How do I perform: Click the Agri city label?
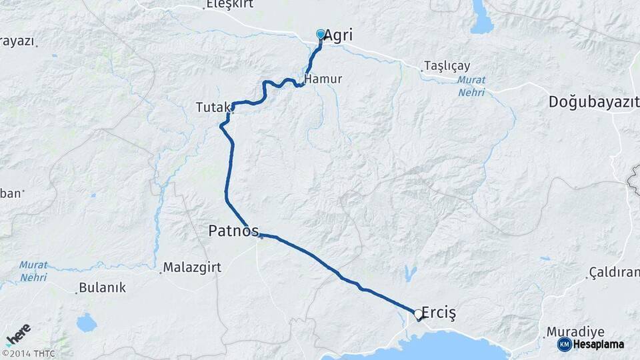pos(338,36)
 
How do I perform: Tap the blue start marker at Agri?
pos(321,34)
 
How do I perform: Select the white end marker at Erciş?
pos(418,313)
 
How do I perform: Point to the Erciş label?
pos(438,313)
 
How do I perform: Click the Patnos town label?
pos(233,231)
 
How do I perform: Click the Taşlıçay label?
pos(447,66)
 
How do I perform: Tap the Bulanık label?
pos(102,288)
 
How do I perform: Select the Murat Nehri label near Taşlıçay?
pos(471,86)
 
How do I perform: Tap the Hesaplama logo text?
pos(600,344)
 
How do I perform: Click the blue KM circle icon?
pos(564,344)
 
